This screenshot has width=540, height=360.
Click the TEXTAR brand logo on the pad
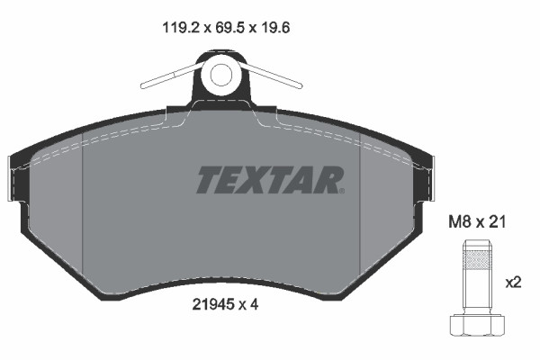[269, 180]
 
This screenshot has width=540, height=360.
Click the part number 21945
[212, 305]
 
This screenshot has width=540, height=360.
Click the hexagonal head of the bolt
[473, 327]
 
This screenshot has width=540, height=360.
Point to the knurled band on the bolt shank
[473, 264]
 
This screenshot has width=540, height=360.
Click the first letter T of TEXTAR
[207, 180]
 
